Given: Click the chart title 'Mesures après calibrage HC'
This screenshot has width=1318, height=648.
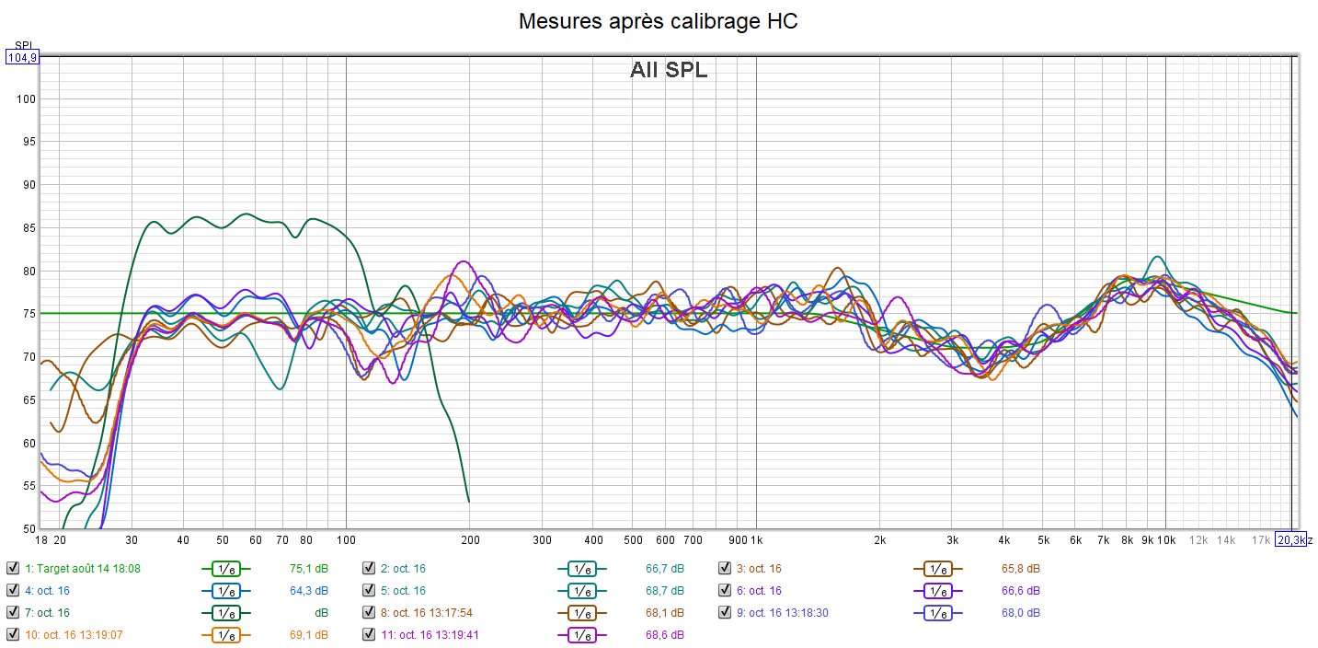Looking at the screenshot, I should [x=658, y=21].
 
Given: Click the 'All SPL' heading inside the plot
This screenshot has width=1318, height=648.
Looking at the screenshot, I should [x=669, y=70].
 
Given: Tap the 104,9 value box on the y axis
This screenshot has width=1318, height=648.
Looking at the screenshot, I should [x=22, y=57].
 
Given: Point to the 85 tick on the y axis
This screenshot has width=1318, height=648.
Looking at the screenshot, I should [x=27, y=227].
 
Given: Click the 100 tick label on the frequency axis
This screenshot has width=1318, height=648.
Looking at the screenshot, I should [x=346, y=539].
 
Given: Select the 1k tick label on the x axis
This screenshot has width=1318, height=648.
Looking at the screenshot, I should [x=756, y=539].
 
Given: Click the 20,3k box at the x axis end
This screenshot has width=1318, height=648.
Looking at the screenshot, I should [x=1290, y=539].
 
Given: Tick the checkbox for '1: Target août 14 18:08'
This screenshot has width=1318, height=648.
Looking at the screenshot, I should [x=13, y=569].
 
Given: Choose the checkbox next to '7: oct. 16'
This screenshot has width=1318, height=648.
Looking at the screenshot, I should [x=13, y=613].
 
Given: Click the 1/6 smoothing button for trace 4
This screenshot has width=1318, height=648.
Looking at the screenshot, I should [x=225, y=591].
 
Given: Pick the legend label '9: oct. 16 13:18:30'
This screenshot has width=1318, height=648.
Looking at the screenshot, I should [x=789, y=613].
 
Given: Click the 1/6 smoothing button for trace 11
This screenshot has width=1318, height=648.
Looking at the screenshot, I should [x=581, y=635].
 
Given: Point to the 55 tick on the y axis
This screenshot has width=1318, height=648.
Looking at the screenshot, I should [x=27, y=486].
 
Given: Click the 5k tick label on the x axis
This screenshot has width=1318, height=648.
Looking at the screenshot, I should [x=1044, y=539].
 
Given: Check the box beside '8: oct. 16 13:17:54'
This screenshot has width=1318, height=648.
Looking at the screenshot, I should [x=369, y=613].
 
